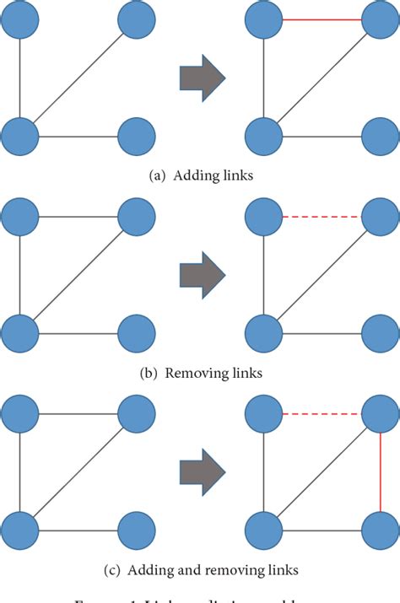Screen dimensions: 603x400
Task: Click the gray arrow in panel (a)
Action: tap(202, 78)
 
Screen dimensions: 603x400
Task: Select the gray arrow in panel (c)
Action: tap(202, 469)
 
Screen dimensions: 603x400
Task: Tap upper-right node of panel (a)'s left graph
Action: tap(136, 20)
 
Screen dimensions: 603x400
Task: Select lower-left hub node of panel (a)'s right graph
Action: tap(263, 135)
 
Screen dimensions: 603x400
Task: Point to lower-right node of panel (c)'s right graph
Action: tap(381, 532)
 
